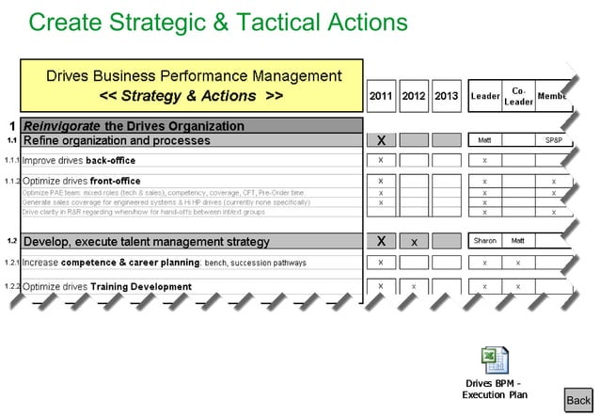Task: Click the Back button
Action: point(578,399)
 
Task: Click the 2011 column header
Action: point(381,96)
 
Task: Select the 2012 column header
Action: point(414,96)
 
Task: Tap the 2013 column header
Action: point(447,96)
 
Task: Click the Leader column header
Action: point(484,96)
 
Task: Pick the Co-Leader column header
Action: point(518,96)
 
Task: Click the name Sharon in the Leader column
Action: point(484,241)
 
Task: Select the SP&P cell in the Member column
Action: point(553,140)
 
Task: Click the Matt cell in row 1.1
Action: point(484,140)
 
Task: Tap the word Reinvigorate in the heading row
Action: point(61,126)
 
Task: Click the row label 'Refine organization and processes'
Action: point(117,140)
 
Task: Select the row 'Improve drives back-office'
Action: point(79,160)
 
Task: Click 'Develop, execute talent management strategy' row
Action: point(146,242)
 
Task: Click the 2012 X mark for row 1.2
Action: point(414,242)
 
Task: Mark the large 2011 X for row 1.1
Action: point(381,140)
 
